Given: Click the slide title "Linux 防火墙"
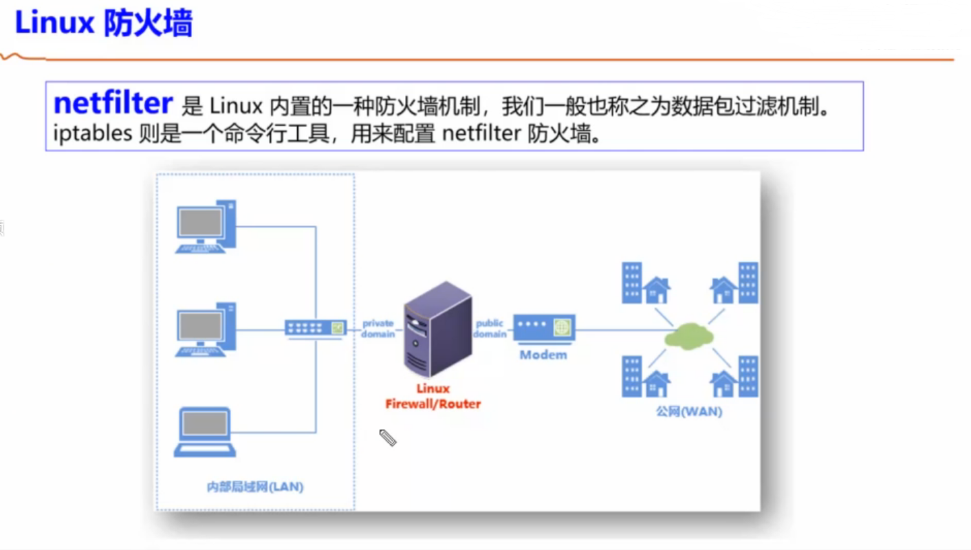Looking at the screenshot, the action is click(104, 23).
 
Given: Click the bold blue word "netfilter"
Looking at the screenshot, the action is click(113, 103).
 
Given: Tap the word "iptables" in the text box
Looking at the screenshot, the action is click(92, 133).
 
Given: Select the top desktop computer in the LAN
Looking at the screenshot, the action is click(206, 226).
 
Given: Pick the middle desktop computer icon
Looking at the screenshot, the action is click(206, 329).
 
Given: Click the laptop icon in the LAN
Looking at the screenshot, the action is click(205, 432).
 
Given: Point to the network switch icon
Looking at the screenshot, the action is click(316, 328).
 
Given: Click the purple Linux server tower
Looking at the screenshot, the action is click(438, 329).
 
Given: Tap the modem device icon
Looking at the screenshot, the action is click(544, 328).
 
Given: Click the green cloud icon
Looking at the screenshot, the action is click(689, 336).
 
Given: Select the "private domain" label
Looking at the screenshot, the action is click(378, 329).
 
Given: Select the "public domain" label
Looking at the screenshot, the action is click(490, 329).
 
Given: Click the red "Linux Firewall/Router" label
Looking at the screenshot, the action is click(433, 396).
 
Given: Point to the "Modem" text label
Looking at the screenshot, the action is click(543, 355).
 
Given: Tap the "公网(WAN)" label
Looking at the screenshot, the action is click(689, 411).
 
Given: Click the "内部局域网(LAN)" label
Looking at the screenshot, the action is click(255, 487).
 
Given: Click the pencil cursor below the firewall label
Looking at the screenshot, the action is click(388, 437).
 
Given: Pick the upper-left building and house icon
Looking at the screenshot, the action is click(646, 283).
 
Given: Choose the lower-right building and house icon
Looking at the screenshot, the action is click(734, 377).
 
